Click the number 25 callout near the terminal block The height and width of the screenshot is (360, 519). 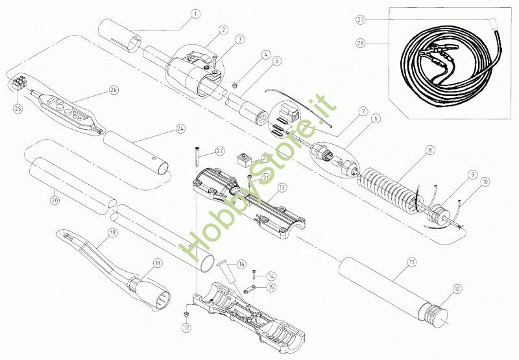point(18,108)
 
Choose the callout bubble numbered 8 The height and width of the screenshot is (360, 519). point(429,150)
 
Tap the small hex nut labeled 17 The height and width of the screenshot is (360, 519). point(186,315)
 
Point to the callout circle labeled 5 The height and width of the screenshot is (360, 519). point(277,62)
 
